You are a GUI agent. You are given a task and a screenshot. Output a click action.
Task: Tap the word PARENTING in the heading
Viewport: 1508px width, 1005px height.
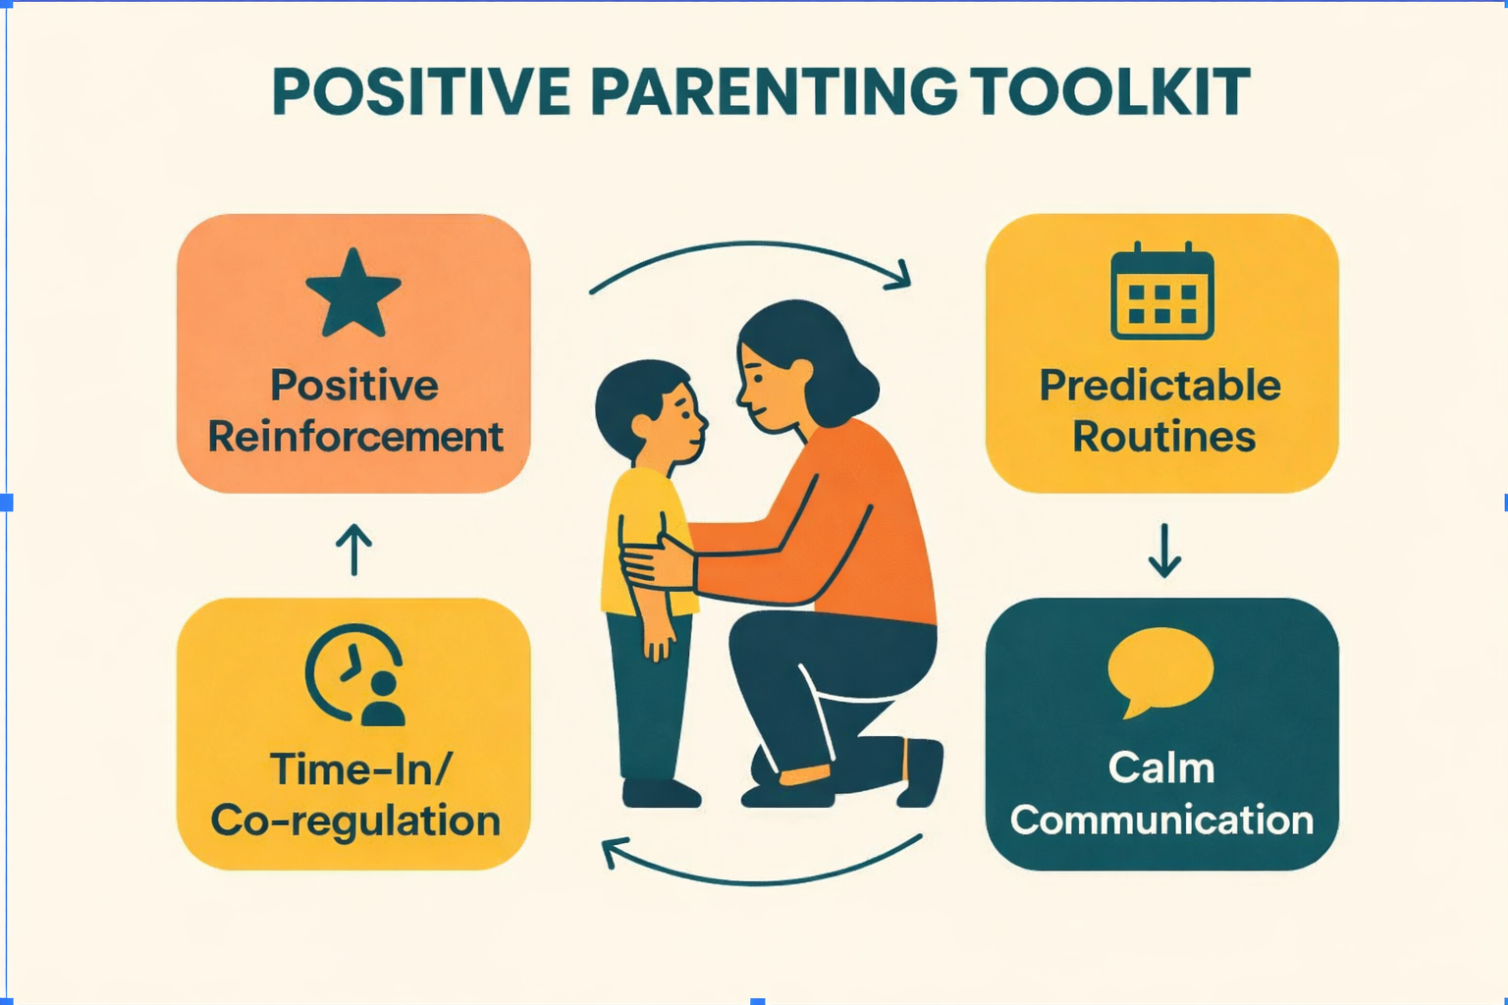coord(774,91)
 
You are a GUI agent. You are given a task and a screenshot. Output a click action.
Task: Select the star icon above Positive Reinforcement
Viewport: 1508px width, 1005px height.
coord(353,292)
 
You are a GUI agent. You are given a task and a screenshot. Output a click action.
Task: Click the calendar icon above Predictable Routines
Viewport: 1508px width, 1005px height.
coord(1162,291)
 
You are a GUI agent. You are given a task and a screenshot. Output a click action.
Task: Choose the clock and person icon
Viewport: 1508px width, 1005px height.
coord(355,674)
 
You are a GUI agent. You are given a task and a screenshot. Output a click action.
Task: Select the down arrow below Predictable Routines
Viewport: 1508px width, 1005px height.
coord(1164,551)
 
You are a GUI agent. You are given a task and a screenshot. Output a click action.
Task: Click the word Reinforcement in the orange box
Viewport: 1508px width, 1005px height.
coord(355,437)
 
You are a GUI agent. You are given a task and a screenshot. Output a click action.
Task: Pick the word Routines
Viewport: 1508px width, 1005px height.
coord(1164,437)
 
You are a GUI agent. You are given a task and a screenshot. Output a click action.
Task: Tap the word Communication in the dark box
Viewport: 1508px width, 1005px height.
coord(1162,820)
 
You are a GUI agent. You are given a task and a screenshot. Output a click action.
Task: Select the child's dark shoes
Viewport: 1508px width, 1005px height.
coord(661,793)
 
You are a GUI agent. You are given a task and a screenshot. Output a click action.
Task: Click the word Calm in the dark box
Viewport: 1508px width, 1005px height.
coord(1161,768)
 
